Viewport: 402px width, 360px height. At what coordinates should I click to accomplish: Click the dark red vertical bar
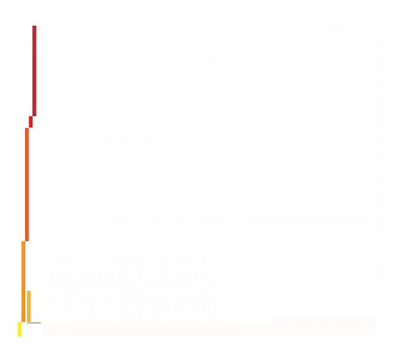click(x=34, y=70)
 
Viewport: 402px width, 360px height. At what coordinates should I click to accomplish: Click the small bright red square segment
click(x=30, y=122)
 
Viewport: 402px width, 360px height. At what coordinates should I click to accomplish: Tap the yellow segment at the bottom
click(x=19, y=330)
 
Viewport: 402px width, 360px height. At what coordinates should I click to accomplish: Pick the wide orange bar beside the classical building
click(x=28, y=306)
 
